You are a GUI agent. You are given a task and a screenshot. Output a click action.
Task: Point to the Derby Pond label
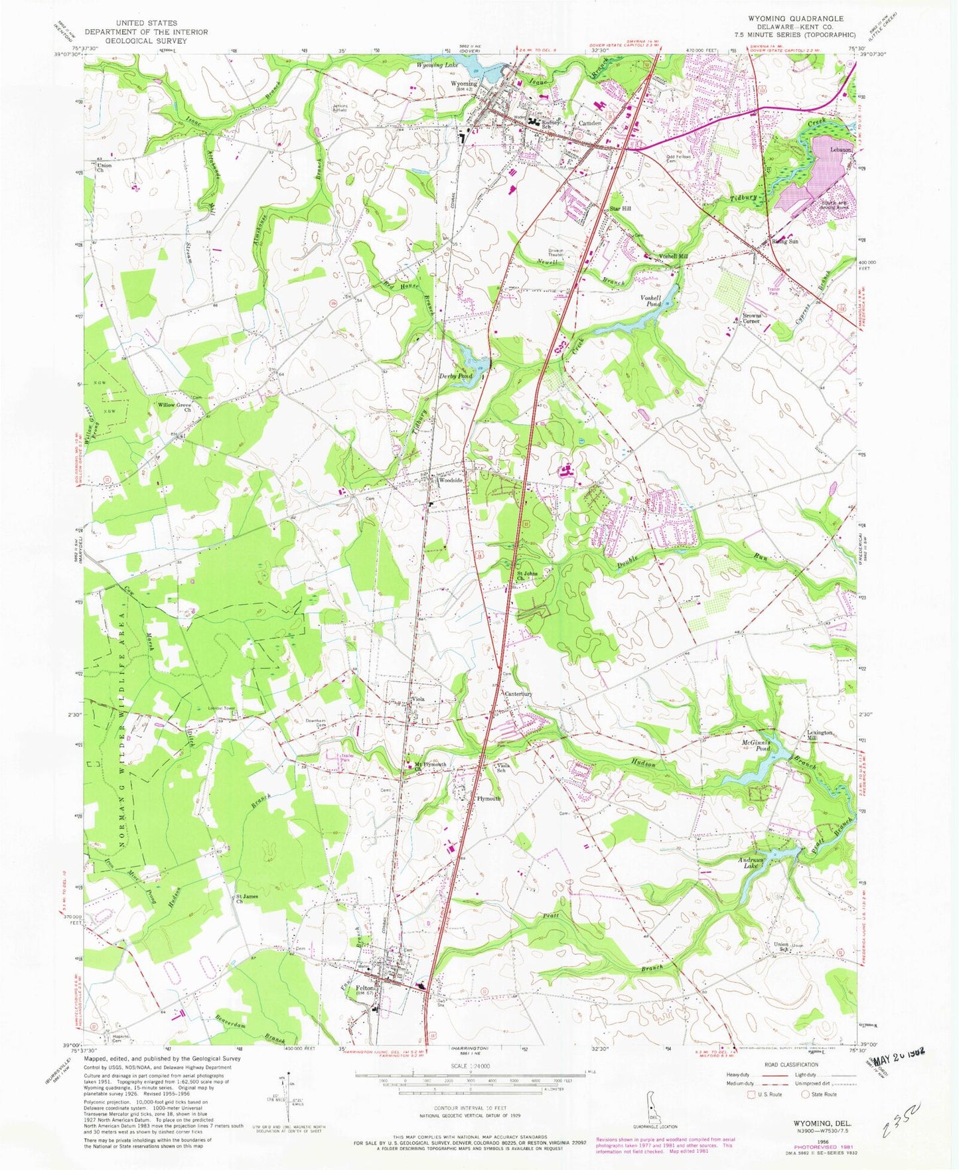click(x=456, y=376)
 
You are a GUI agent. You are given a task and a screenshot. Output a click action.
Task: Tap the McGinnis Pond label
click(x=755, y=745)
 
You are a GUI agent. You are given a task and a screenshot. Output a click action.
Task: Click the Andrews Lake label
click(x=751, y=863)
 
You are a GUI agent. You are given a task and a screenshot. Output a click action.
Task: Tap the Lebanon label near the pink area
click(x=840, y=151)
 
